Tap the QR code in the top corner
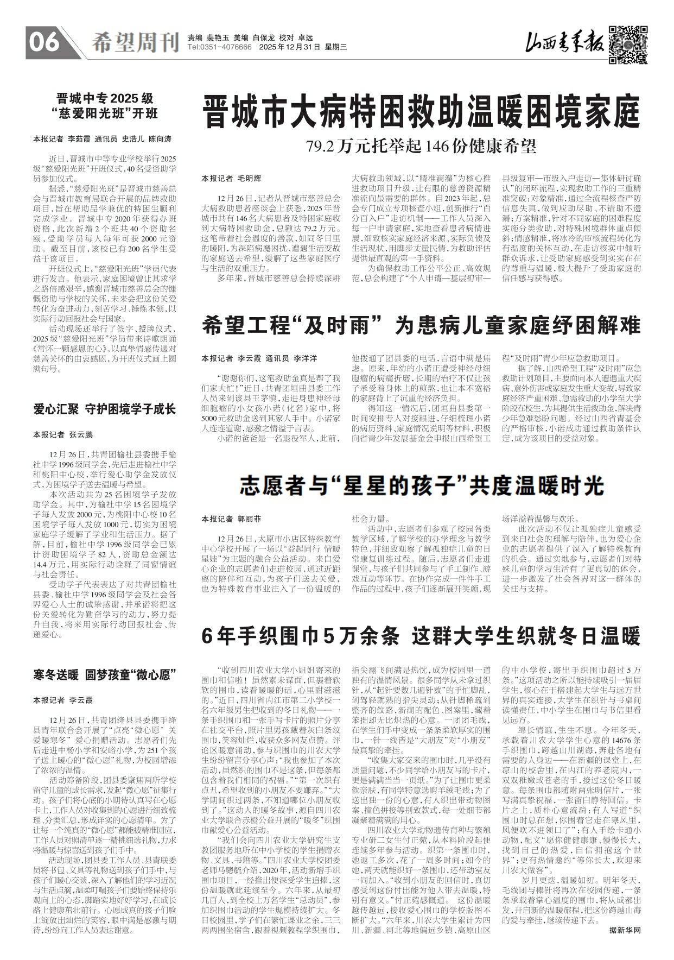pos(628,45)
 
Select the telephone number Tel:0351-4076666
pos(219,48)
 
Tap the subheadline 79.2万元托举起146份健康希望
pos(421,146)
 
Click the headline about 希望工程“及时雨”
pos(421,326)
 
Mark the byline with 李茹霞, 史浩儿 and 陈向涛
pos(103,138)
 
